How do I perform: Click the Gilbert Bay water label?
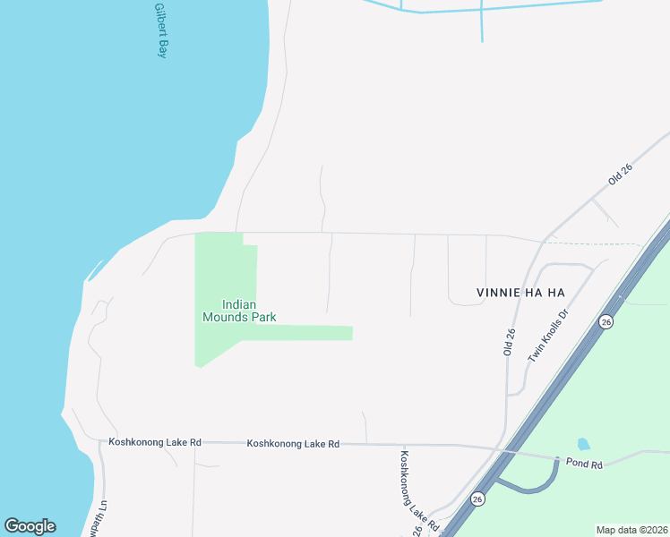click(x=161, y=31)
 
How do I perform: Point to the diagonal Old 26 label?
click(x=620, y=173)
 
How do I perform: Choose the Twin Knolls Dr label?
click(x=549, y=337)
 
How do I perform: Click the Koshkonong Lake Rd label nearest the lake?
click(x=155, y=442)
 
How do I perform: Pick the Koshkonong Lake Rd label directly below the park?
click(x=294, y=443)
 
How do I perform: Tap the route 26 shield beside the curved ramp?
click(x=478, y=499)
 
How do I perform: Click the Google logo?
click(x=30, y=526)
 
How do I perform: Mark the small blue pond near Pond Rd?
click(x=584, y=444)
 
